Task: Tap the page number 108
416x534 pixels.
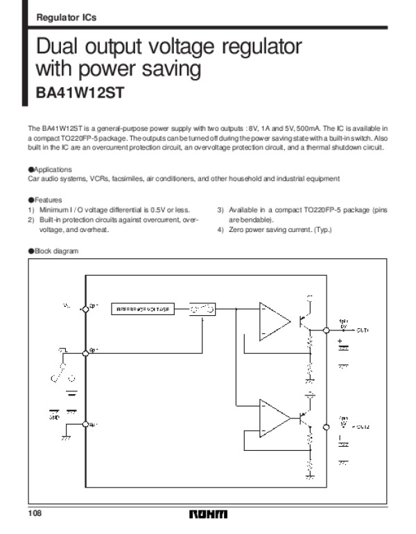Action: (x=35, y=513)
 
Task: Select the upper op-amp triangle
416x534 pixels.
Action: (x=273, y=321)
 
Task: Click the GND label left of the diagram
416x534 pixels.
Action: (x=54, y=417)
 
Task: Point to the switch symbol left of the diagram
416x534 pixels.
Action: (x=55, y=375)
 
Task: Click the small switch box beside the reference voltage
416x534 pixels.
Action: (x=203, y=309)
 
